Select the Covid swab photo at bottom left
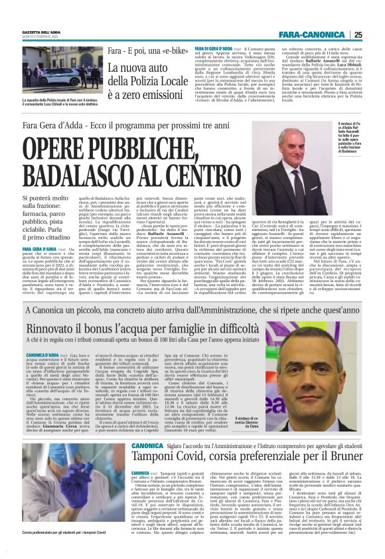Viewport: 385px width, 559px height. tap(50, 487)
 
